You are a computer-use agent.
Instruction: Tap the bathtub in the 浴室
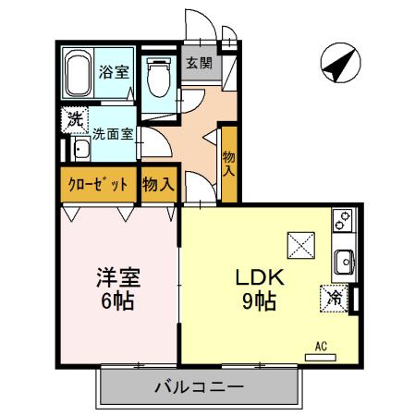click(77, 74)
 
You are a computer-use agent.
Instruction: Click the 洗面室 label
click(113, 134)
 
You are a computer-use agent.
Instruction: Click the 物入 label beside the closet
click(158, 184)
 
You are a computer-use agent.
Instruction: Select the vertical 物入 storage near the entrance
click(229, 165)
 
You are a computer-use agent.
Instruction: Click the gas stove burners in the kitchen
click(343, 223)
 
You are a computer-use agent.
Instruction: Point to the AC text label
click(321, 345)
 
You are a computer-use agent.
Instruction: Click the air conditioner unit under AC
click(321, 354)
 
